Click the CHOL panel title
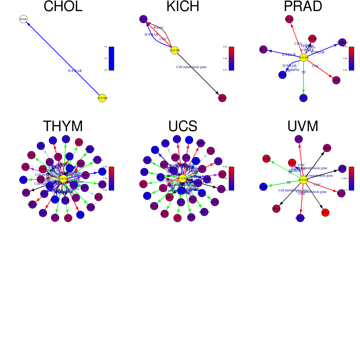[63, 7]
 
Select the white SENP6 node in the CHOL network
[23, 19]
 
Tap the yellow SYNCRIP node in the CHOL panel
[102, 98]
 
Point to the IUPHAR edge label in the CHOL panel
[75, 71]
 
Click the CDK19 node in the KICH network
[143, 19]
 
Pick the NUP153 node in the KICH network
[222, 98]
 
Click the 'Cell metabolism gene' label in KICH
[191, 67]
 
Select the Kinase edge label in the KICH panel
[158, 27]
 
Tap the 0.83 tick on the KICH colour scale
[225, 47]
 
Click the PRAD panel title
[303, 7]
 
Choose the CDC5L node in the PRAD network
[303, 98]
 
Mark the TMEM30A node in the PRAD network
[342, 42]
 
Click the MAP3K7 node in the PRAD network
[312, 39]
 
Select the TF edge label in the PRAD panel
[304, 72]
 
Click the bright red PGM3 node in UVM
[325, 212]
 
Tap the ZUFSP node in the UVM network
[266, 159]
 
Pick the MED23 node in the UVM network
[276, 208]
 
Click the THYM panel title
[63, 126]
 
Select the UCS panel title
[183, 126]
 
